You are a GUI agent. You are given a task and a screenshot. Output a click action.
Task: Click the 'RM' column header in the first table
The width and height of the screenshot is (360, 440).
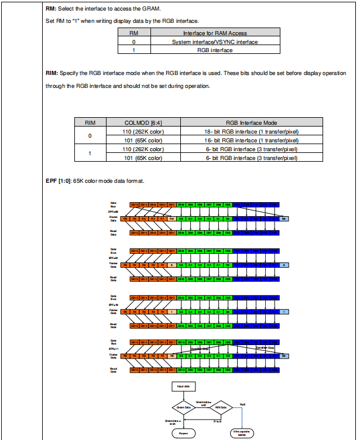point(133,33)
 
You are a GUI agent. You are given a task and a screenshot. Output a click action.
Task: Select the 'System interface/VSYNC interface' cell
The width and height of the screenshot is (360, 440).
point(215,42)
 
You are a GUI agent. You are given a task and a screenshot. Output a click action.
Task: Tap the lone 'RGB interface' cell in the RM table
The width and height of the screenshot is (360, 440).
point(215,50)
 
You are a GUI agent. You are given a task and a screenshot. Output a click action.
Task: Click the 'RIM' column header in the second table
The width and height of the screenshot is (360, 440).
point(90,122)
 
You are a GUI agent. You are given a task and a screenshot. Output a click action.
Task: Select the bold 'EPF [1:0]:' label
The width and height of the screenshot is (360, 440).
point(58,180)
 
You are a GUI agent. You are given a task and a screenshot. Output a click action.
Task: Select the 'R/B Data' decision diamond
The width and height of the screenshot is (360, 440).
point(221,407)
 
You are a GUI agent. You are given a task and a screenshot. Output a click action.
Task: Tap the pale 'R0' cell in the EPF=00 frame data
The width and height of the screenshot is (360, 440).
point(172,218)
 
